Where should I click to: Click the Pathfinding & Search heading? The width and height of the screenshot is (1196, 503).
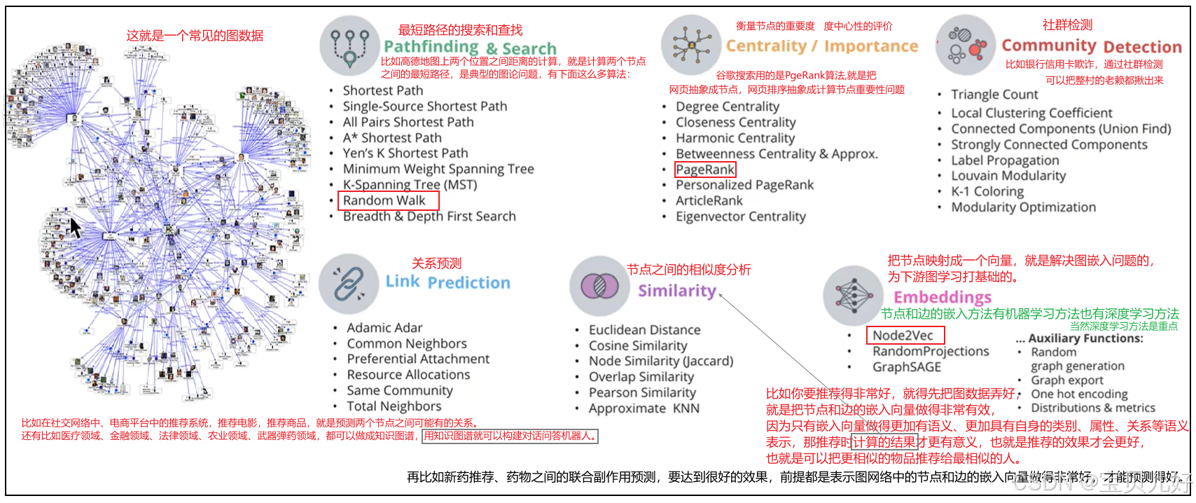click(x=469, y=48)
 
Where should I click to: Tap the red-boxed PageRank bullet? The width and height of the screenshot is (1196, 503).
click(x=705, y=170)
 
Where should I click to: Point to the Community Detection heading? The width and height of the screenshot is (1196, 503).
click(x=1091, y=46)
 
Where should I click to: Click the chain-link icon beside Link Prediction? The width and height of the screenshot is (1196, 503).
click(x=349, y=284)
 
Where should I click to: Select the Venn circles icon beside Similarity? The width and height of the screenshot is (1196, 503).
click(x=599, y=285)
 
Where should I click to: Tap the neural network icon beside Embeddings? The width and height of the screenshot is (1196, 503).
click(x=853, y=295)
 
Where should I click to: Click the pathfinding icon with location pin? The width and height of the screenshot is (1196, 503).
click(x=350, y=46)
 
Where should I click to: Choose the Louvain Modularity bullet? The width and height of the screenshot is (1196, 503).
click(x=1008, y=176)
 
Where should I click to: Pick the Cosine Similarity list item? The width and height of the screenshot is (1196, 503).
click(x=637, y=345)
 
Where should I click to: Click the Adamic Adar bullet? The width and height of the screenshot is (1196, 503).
click(x=384, y=328)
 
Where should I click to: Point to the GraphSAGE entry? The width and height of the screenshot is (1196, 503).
click(x=906, y=367)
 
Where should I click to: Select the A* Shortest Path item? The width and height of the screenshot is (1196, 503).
click(x=391, y=138)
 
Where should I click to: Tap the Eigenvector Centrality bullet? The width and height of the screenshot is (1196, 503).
click(x=740, y=216)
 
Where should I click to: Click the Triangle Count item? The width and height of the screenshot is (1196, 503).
click(x=994, y=95)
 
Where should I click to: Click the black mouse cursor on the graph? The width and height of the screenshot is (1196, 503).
click(x=75, y=228)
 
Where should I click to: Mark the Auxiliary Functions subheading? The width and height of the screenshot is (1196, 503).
click(x=1085, y=338)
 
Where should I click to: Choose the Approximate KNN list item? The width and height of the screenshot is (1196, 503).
click(x=644, y=408)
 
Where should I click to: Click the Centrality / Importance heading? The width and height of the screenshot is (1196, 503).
click(x=821, y=46)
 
